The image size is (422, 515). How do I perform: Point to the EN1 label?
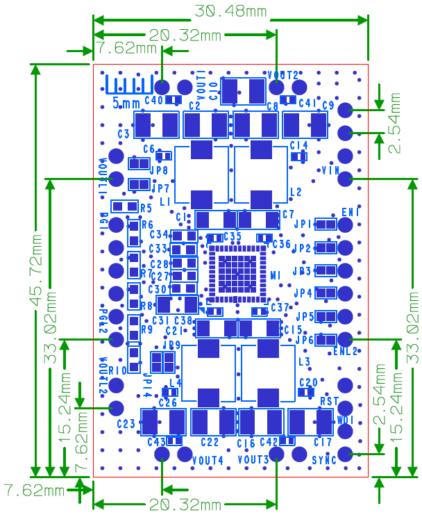[x=351, y=211]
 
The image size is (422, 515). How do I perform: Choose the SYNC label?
[x=323, y=460]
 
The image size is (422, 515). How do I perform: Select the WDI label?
[x=346, y=420]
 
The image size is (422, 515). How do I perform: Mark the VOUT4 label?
[x=208, y=460]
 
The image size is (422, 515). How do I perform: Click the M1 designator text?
[x=275, y=275]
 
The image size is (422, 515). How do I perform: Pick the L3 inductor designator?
[x=304, y=362]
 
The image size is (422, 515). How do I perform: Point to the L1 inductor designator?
[x=165, y=202]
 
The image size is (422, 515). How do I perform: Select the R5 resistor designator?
[x=146, y=209]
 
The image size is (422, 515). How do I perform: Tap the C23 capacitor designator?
[x=126, y=424]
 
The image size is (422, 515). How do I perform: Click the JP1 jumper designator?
[x=303, y=224]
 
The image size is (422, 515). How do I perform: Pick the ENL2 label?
[x=345, y=352]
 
